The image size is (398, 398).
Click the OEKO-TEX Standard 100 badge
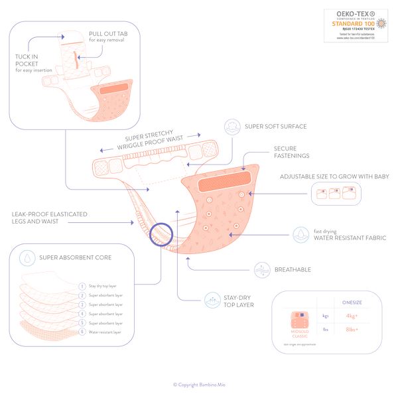[x=355, y=26]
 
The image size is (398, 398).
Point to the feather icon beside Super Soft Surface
[x=232, y=126]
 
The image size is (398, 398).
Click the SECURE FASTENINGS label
[x=291, y=152]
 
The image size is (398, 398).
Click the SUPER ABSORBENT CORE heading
[x=75, y=257]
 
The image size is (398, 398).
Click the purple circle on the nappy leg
[x=161, y=233]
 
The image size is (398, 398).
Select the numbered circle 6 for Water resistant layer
[x=82, y=332]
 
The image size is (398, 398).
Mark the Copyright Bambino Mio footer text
[x=199, y=384]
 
